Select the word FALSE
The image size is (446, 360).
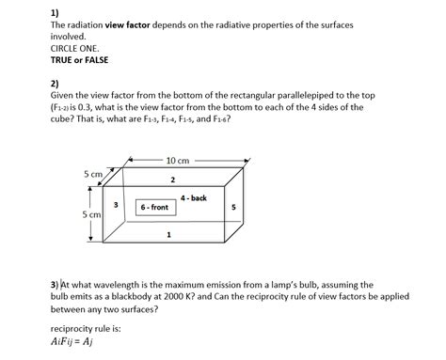(x=95, y=60)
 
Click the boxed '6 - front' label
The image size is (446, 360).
(x=154, y=206)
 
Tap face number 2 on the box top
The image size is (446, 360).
(x=172, y=179)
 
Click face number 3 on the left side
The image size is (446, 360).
(x=115, y=205)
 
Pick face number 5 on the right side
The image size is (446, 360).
(x=233, y=206)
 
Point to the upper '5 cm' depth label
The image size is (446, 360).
(x=92, y=174)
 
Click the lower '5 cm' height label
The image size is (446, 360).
(x=91, y=215)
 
